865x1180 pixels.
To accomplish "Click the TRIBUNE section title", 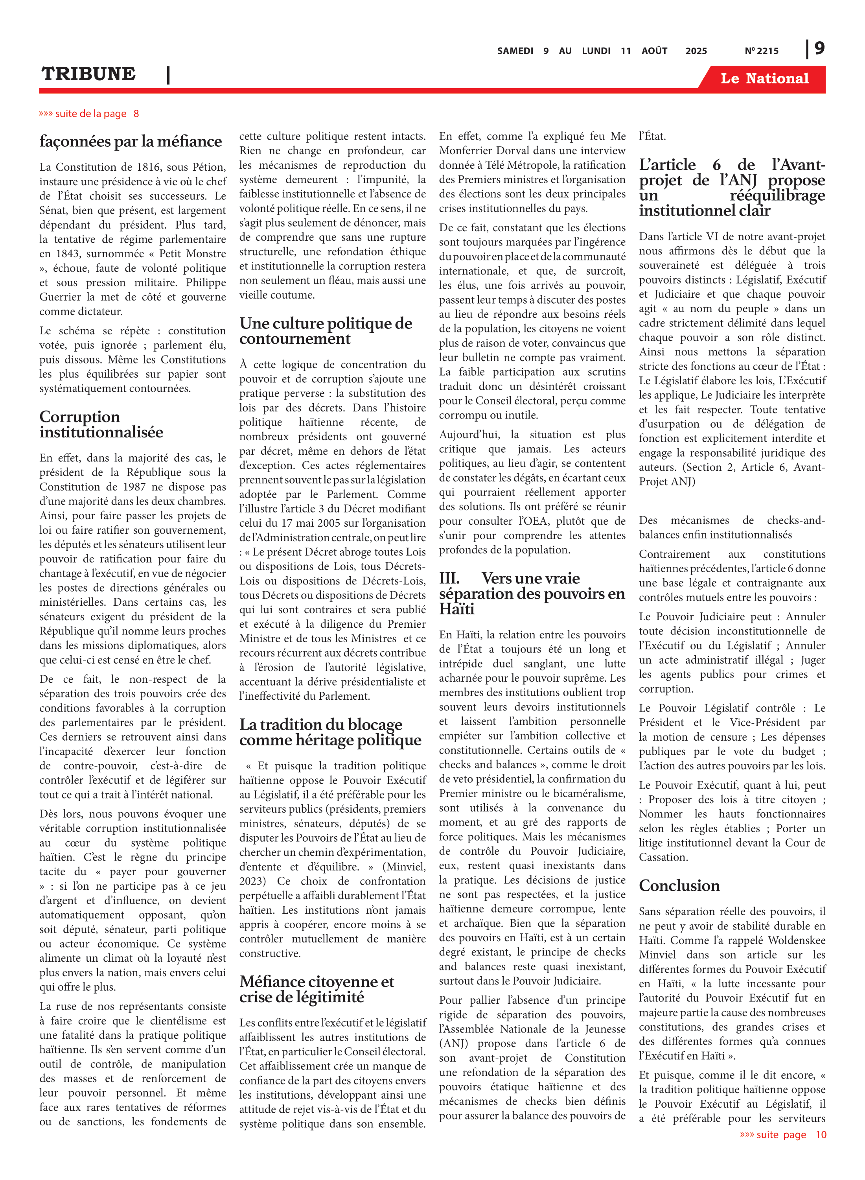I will click(x=88, y=74).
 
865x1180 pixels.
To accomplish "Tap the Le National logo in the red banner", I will click(x=764, y=79).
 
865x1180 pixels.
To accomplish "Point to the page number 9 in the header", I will click(x=819, y=48).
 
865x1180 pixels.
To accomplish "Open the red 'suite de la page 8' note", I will click(x=89, y=114).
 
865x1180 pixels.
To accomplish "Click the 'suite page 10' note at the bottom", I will click(x=783, y=1134).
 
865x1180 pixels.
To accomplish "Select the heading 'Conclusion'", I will click(x=679, y=886).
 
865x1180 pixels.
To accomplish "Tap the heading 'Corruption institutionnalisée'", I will click(x=101, y=424).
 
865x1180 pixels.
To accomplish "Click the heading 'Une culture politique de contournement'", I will click(x=326, y=331).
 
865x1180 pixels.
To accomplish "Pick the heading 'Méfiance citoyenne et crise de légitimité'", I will click(x=317, y=989).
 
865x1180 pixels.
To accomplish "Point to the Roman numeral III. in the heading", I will click(x=449, y=578).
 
